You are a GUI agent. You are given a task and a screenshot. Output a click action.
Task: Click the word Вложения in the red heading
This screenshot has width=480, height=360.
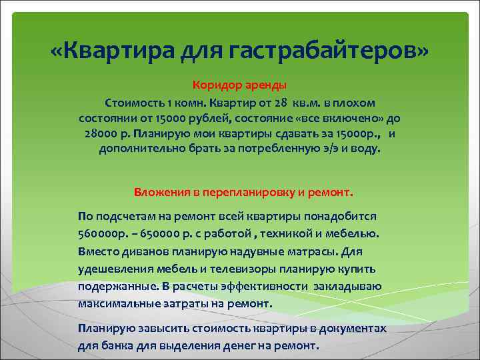163,192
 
